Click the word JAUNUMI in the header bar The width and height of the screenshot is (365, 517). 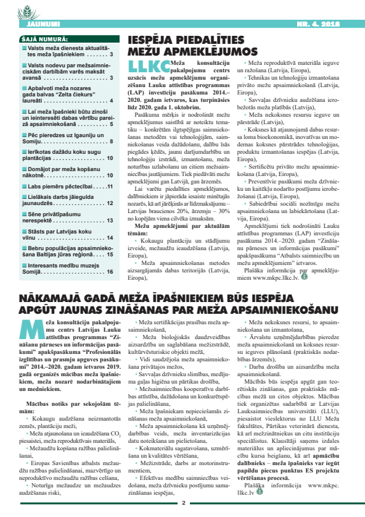coord(26,24)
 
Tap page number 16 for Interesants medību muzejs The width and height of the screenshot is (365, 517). coord(109,271)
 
